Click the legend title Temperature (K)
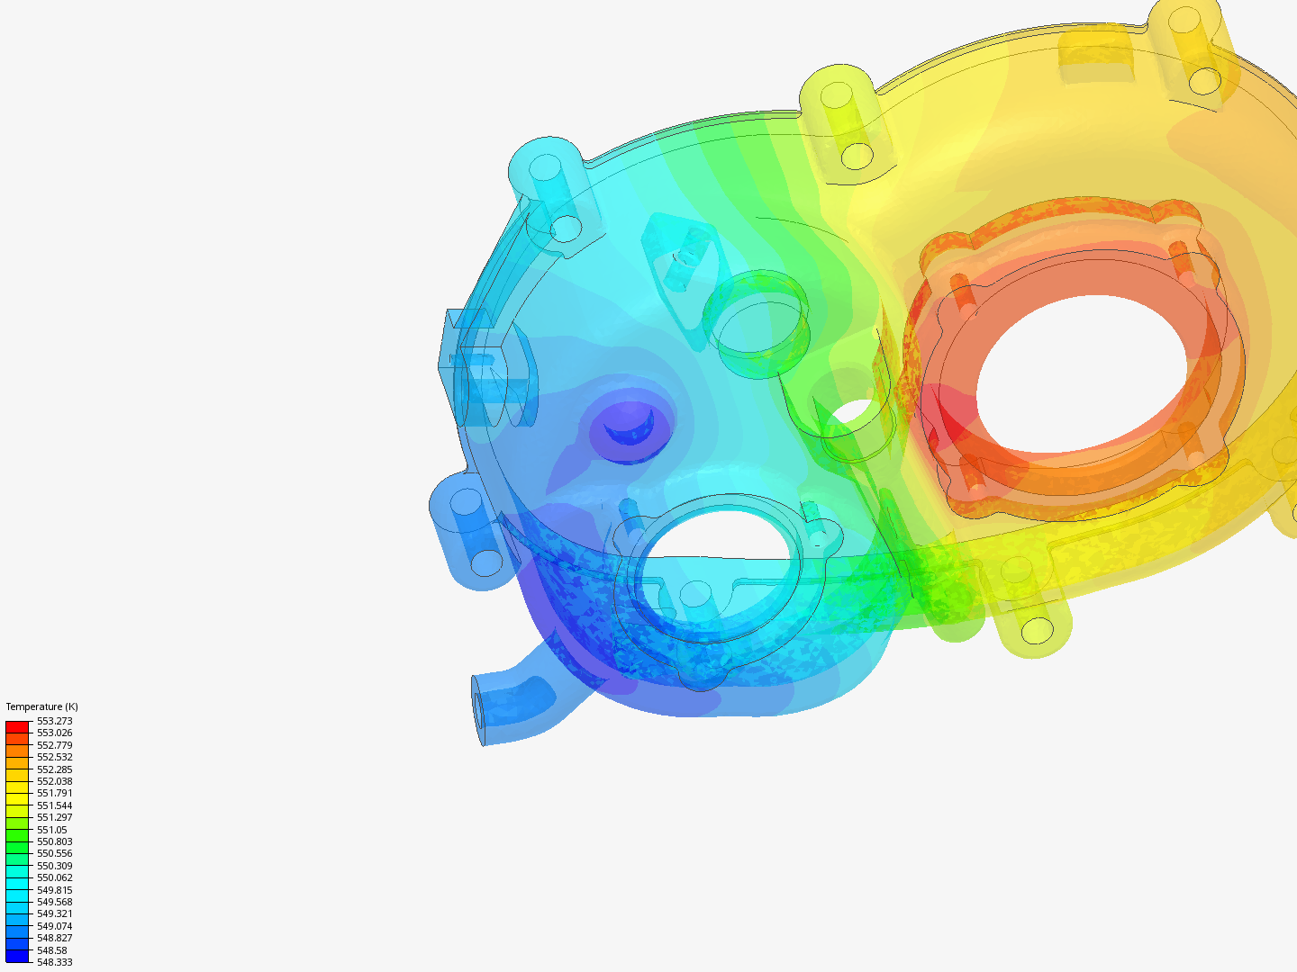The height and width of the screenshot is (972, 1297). [41, 706]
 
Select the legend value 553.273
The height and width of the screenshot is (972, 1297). [54, 721]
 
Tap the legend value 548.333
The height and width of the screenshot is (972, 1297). [54, 962]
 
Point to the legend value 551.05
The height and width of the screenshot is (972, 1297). [51, 830]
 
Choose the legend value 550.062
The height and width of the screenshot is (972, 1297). [54, 877]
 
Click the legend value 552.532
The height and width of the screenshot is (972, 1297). [54, 757]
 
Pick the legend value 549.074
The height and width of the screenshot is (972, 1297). [54, 926]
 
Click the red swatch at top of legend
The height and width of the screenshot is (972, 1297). [17, 726]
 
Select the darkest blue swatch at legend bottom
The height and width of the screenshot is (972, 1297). [17, 956]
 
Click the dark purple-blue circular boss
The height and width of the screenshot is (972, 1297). [630, 425]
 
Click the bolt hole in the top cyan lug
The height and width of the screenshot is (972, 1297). [545, 167]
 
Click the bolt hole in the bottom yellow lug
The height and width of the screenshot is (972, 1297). [1038, 630]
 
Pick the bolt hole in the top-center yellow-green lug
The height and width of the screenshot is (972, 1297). [838, 95]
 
